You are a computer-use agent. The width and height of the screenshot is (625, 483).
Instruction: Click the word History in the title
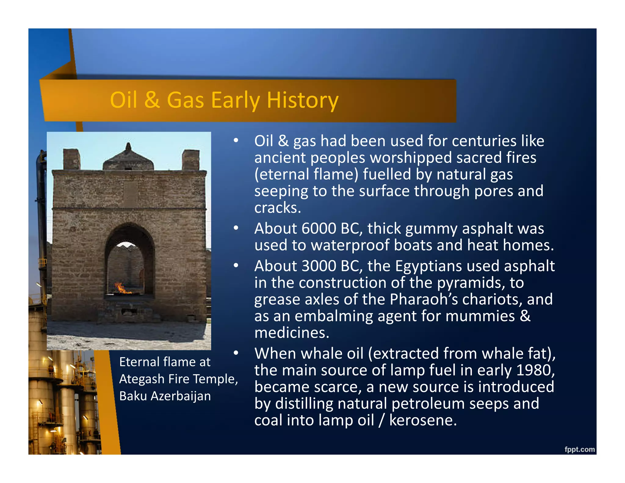coord(302,100)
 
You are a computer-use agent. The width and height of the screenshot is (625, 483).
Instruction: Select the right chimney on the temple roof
coord(190,160)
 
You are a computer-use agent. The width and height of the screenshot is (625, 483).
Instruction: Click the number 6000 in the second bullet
coord(319,228)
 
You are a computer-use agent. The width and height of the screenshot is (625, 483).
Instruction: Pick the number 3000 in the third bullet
coord(319,266)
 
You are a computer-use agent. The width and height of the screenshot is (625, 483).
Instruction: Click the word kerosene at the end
coord(423,420)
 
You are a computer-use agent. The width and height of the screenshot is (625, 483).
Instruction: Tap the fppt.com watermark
coord(579,449)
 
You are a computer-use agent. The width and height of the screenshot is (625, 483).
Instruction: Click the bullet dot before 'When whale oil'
coord(236,353)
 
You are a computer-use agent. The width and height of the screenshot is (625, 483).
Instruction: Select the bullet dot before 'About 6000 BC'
coord(236,228)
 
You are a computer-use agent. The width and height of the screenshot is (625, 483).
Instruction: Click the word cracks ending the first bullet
coord(277,208)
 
